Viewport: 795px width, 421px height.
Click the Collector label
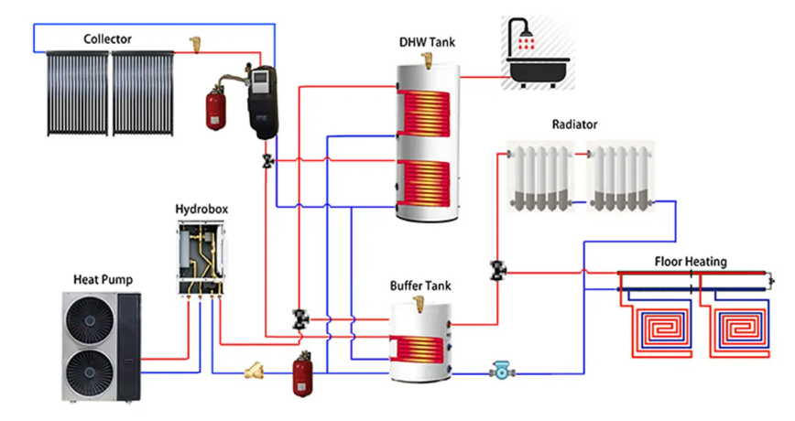[107, 39]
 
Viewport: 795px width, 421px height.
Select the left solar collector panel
[77, 92]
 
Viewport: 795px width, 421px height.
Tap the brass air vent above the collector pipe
[195, 42]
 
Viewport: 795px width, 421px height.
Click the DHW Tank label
[427, 42]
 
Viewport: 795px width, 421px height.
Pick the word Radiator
[574, 124]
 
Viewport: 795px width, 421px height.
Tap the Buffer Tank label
[420, 286]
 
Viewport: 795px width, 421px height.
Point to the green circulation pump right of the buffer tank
[500, 372]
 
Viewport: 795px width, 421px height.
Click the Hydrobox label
[201, 209]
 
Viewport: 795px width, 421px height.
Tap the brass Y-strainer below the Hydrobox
[253, 372]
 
